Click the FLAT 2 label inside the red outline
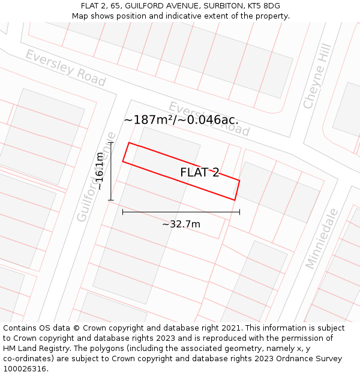pyautogui.click(x=200, y=173)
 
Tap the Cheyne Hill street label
pyautogui.click(x=317, y=76)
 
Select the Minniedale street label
pyautogui.click(x=322, y=238)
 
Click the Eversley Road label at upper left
pyautogui.click(x=65, y=68)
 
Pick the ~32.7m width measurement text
pyautogui.click(x=181, y=224)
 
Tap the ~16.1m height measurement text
pyautogui.click(x=100, y=171)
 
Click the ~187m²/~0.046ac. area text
pyautogui.click(x=181, y=120)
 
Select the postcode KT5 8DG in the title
pyautogui.click(x=263, y=6)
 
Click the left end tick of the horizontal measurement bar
pyautogui.click(x=122, y=212)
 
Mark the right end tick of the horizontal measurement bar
pyautogui.click(x=239, y=212)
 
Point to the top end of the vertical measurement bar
pyautogui.click(x=111, y=142)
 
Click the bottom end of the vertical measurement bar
pyautogui.click(x=111, y=200)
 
